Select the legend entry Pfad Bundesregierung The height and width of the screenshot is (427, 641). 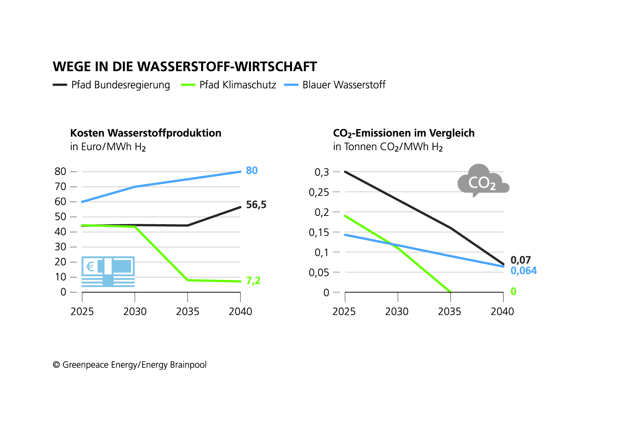click(x=120, y=85)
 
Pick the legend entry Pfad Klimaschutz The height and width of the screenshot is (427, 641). click(x=237, y=85)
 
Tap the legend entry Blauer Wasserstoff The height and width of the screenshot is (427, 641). click(x=344, y=85)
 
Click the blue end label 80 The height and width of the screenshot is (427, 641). click(x=252, y=171)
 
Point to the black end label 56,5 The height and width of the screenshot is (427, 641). click(x=256, y=205)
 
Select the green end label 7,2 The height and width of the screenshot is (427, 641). click(x=253, y=281)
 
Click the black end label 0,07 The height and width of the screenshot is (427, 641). click(x=521, y=260)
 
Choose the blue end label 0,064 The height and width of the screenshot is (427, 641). click(x=523, y=271)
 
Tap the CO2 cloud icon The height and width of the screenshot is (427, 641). click(x=481, y=181)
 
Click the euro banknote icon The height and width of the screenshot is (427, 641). click(x=108, y=272)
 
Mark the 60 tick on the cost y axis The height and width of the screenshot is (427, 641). click(x=60, y=202)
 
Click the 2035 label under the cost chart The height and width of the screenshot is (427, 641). click(x=187, y=312)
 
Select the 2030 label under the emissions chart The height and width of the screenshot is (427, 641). click(x=396, y=312)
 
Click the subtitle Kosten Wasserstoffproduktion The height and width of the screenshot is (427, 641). click(x=145, y=133)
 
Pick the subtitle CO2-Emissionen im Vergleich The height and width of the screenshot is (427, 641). click(x=403, y=133)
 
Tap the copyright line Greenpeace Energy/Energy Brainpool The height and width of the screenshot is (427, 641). click(x=130, y=365)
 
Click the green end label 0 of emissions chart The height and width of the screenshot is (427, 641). click(x=513, y=291)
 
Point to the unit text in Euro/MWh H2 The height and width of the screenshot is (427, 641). click(x=108, y=147)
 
